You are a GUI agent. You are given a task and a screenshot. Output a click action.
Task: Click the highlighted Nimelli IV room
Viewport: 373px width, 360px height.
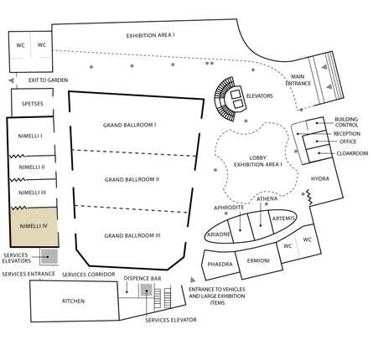click(34, 227)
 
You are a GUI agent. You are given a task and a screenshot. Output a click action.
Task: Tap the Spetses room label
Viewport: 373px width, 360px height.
click(33, 104)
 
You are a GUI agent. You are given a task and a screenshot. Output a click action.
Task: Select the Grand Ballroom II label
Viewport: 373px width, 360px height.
click(132, 179)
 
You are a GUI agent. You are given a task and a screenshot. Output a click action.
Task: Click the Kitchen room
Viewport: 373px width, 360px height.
click(75, 301)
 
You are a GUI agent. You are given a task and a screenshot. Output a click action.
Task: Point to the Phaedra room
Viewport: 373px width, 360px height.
click(220, 265)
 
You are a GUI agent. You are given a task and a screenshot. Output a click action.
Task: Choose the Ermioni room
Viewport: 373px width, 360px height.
click(259, 261)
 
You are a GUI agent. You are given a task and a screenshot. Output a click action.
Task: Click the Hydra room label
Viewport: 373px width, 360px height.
click(320, 178)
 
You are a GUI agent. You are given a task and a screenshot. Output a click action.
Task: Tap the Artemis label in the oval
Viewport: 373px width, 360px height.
click(283, 219)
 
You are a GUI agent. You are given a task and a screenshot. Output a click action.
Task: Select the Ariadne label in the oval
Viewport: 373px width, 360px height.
click(219, 234)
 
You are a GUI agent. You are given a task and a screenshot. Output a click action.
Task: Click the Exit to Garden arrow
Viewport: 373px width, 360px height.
click(11, 80)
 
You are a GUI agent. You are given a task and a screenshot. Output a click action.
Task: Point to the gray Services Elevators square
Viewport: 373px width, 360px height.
click(49, 256)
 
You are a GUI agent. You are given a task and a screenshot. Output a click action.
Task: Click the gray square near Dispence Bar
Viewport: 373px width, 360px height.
click(146, 291)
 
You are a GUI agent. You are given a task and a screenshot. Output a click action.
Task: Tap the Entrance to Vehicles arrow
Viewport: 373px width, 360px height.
click(193, 280)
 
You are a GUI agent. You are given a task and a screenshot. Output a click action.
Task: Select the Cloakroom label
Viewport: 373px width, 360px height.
click(352, 153)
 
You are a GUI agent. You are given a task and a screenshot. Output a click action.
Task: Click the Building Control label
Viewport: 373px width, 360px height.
click(346, 122)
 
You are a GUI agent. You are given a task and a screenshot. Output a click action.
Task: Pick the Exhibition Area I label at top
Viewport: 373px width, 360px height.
click(150, 35)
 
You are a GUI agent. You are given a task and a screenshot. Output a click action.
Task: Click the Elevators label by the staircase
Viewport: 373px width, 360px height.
click(259, 95)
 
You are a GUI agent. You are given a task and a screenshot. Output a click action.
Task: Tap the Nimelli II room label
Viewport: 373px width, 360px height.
click(32, 167)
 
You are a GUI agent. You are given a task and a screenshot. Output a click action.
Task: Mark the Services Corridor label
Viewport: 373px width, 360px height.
click(88, 275)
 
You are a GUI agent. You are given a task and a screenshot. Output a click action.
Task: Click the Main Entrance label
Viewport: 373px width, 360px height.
click(298, 80)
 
